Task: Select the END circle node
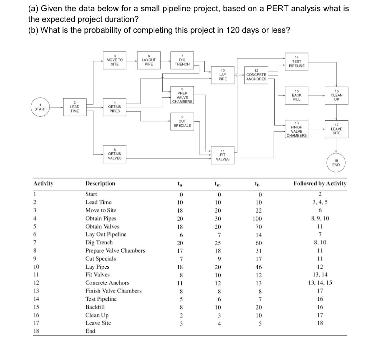coord(336,163)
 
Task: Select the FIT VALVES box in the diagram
coord(223,155)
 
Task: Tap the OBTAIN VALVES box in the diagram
coord(115,155)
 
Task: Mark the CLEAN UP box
coord(336,96)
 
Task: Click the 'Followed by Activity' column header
coord(320,184)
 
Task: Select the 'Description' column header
coord(100,184)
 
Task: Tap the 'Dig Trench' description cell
coord(99,243)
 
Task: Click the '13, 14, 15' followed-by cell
coord(319,283)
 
